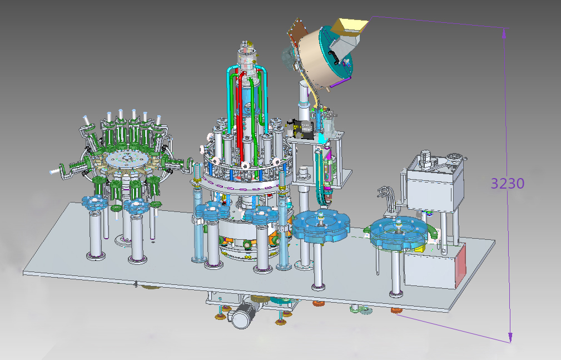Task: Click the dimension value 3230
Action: (x=507, y=184)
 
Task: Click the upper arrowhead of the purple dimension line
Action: (x=504, y=33)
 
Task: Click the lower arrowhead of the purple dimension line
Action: (x=510, y=337)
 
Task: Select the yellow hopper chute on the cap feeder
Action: (x=349, y=27)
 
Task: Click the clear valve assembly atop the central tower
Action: (x=247, y=59)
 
